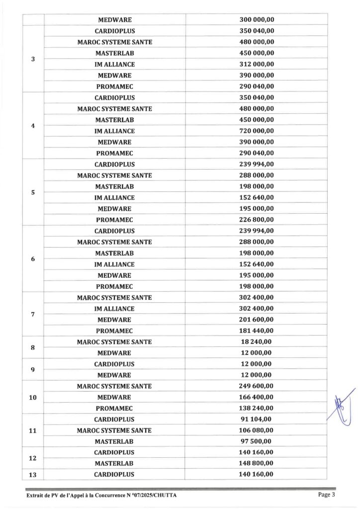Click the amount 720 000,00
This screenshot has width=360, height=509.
point(257,131)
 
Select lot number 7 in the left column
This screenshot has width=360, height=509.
point(33,314)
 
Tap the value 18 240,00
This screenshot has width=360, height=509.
point(257,342)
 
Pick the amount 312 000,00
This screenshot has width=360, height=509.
point(257,65)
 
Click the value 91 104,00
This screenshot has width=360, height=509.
point(257,420)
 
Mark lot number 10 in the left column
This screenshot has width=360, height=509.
point(33,398)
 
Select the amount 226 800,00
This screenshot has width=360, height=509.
point(257,220)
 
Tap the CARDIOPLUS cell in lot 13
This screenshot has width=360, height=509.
point(114,475)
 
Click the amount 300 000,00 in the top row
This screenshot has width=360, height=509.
point(257,20)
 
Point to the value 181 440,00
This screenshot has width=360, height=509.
point(257,331)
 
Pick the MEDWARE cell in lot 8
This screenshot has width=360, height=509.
point(114,353)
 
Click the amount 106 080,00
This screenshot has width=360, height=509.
point(257,430)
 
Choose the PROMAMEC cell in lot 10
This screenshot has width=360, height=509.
point(114,409)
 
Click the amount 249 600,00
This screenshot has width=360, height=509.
point(257,386)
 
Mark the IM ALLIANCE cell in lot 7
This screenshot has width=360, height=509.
point(114,309)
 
